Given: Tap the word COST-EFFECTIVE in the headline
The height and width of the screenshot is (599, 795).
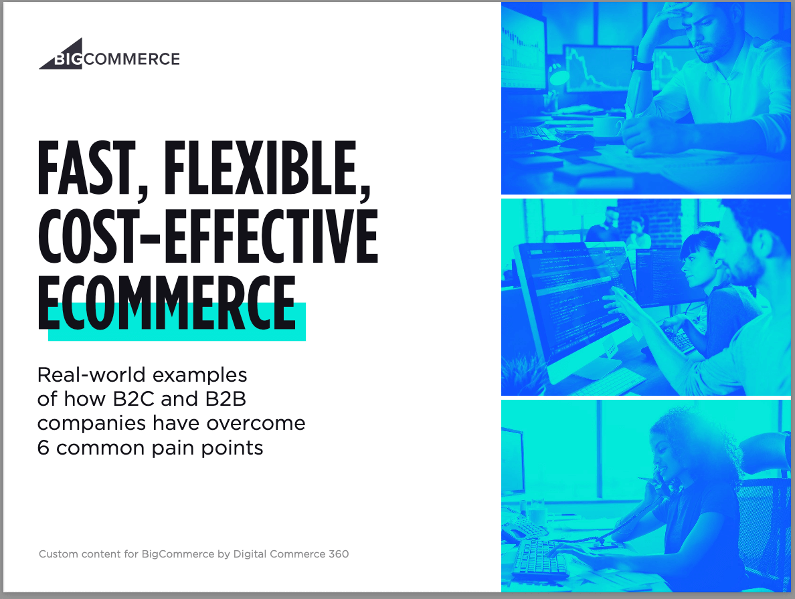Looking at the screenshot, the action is click(x=208, y=236).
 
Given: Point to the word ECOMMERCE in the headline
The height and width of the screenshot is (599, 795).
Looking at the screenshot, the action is click(x=167, y=303).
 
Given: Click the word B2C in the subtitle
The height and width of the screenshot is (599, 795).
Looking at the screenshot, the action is click(x=133, y=399).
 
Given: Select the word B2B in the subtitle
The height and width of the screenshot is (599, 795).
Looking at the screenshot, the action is click(x=226, y=399).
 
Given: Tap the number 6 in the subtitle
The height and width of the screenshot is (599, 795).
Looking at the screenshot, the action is click(x=43, y=448).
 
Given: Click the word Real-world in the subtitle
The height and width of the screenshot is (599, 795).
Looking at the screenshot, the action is click(x=92, y=375).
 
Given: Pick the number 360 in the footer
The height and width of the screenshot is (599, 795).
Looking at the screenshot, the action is click(x=339, y=554).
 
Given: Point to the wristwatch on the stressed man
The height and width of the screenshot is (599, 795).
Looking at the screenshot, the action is click(x=642, y=64).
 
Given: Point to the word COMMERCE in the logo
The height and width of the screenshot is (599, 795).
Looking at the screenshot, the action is click(x=132, y=59).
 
